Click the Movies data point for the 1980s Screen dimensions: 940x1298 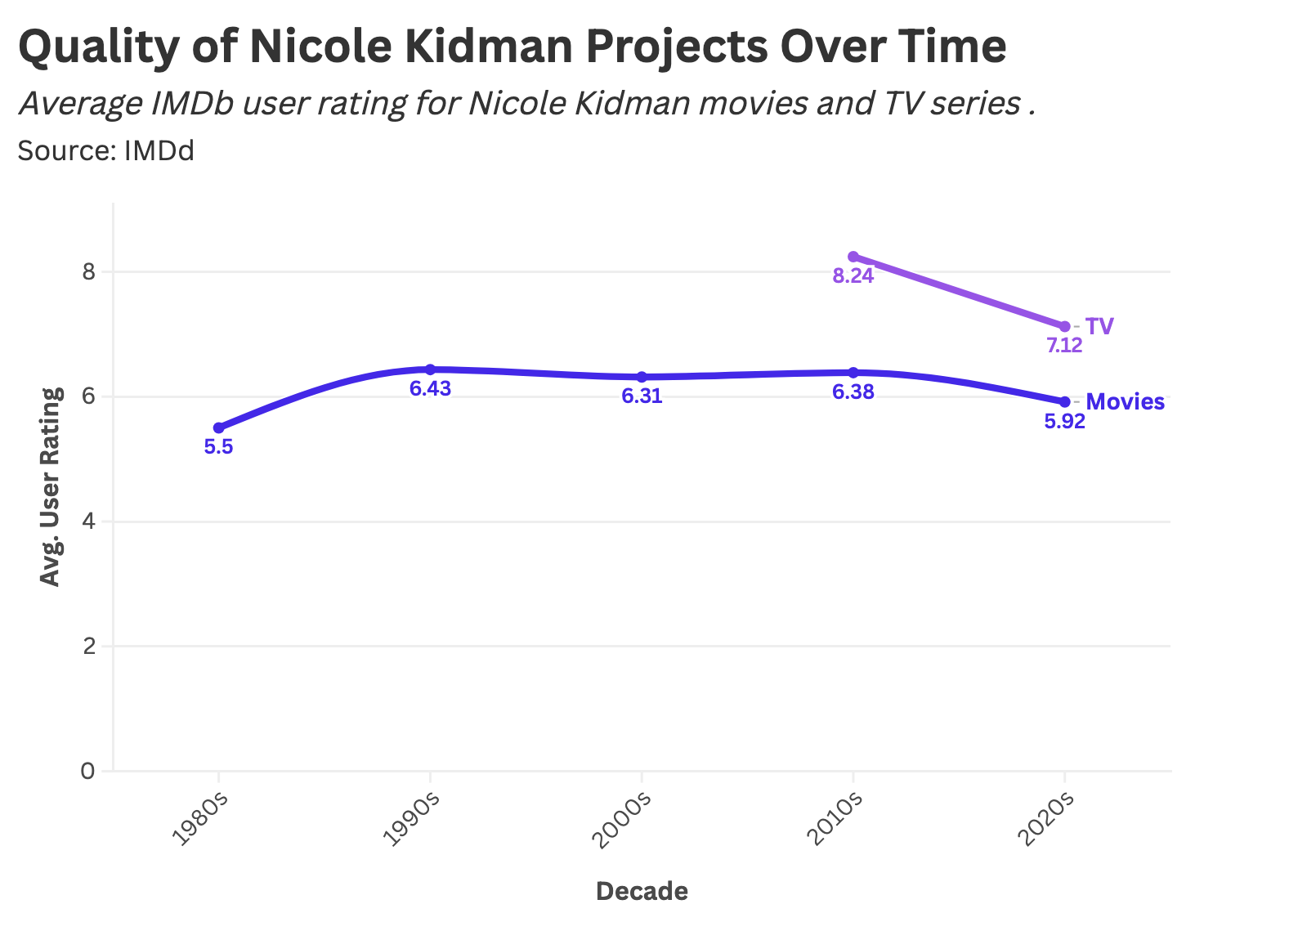(x=218, y=427)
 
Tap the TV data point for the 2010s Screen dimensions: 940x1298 (x=853, y=257)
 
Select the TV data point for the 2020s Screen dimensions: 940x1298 (x=1064, y=326)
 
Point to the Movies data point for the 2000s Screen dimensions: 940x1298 (x=642, y=377)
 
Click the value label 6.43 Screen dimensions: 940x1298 (x=430, y=389)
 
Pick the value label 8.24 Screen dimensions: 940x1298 (x=853, y=276)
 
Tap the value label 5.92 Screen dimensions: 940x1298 (x=1064, y=422)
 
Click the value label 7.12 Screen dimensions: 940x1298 (x=1064, y=346)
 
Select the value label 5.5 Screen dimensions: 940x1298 (x=218, y=447)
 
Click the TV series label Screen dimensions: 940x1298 (x=1099, y=326)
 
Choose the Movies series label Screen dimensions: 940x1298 (x=1125, y=401)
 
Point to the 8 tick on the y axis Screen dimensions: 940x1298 (x=88, y=271)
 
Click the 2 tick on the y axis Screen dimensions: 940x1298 (x=88, y=646)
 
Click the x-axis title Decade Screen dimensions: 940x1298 (x=642, y=891)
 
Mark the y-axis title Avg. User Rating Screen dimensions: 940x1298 (x=51, y=487)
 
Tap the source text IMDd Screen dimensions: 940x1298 (x=159, y=151)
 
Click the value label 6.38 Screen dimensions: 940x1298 (x=853, y=392)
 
